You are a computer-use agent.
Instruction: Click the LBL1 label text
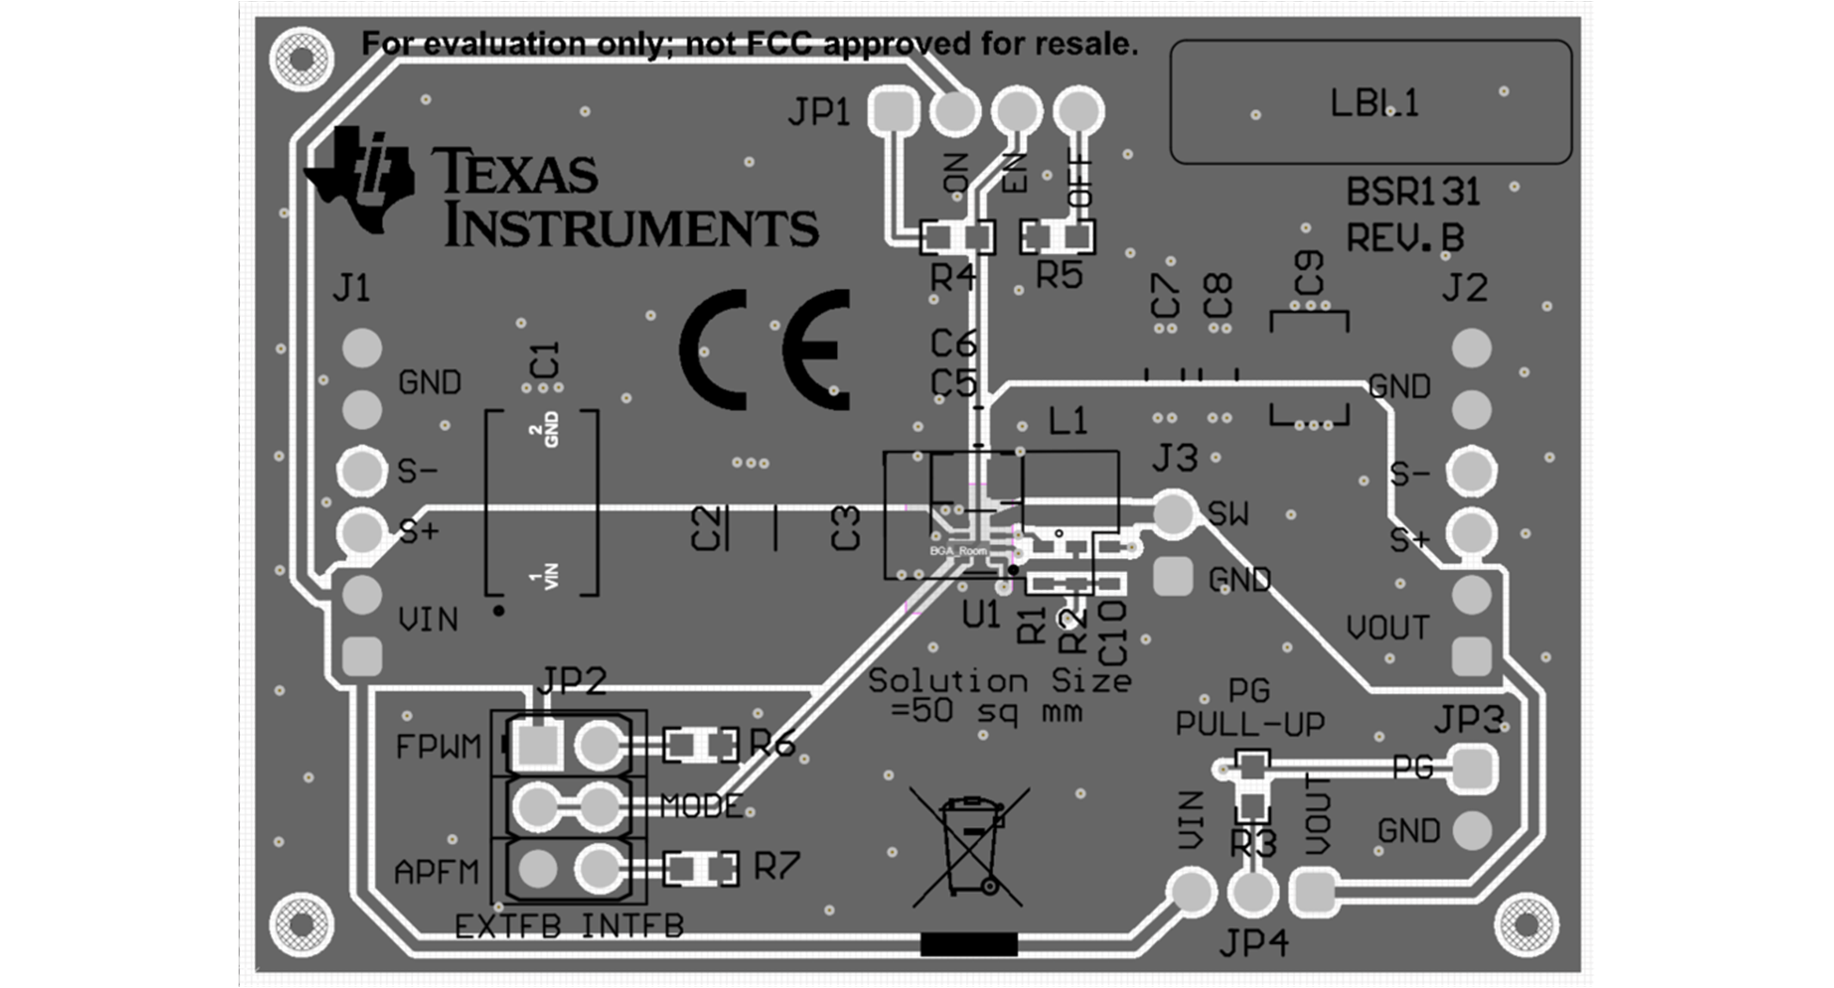[x=1373, y=103]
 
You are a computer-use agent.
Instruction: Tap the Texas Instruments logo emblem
[x=360, y=179]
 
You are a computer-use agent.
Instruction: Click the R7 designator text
[x=777, y=866]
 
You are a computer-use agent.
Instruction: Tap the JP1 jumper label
[x=818, y=113]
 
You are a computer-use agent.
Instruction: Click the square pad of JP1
[x=893, y=111]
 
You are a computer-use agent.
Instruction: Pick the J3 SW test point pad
[x=1173, y=513]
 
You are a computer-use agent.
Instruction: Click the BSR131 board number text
[x=1413, y=192]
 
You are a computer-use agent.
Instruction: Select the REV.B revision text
[x=1405, y=238]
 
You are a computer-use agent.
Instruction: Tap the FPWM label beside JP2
[x=437, y=746]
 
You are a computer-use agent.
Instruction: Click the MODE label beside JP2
[x=701, y=805]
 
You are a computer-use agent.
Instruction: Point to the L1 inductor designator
[x=1067, y=422]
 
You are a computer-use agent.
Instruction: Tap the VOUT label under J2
[x=1387, y=628]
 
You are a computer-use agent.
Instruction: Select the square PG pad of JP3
[x=1472, y=768]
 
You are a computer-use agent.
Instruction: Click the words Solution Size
[x=999, y=679]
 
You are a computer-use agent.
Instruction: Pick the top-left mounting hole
[x=302, y=58]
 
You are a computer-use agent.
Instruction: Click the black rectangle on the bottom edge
[x=969, y=944]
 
